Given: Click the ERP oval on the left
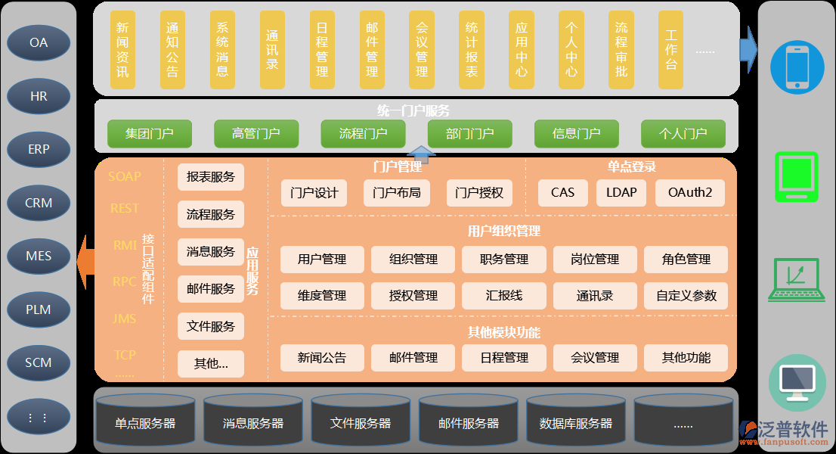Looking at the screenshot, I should [39, 149].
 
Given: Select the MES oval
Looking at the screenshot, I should [39, 256].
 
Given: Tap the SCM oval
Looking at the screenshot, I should [39, 362].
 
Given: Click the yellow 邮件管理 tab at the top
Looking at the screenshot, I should [372, 49].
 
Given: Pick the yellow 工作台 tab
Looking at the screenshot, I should [671, 49].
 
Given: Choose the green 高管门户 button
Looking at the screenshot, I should [256, 134].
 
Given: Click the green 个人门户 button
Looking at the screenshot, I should [683, 134].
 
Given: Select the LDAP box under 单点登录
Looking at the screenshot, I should [621, 192].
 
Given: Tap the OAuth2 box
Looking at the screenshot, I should [689, 192].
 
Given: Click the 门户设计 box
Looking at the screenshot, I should [314, 192].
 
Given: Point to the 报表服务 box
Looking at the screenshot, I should [211, 177].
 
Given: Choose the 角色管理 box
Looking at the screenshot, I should [686, 259].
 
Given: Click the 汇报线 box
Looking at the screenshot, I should [504, 295].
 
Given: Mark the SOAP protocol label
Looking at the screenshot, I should [125, 176].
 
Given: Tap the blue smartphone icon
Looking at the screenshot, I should [797, 67].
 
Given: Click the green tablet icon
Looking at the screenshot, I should [797, 176].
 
